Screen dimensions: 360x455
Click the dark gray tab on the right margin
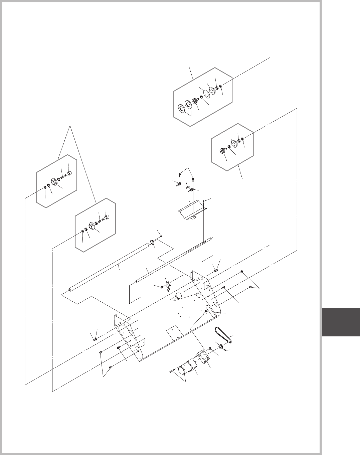(x=341, y=323)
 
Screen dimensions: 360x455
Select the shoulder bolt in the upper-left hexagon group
(x=69, y=173)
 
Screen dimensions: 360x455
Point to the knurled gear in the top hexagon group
(x=194, y=101)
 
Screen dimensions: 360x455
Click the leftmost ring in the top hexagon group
(x=182, y=108)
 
